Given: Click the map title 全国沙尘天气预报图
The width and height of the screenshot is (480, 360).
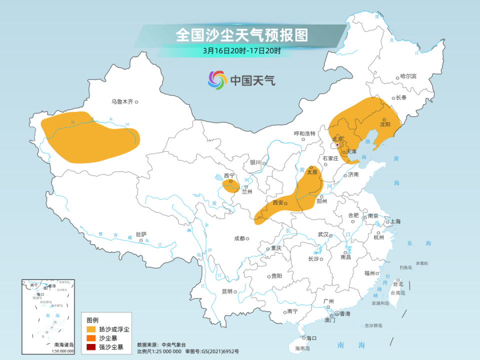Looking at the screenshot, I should click(241, 35).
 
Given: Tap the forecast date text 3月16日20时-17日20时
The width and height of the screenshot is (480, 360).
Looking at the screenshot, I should click(241, 50).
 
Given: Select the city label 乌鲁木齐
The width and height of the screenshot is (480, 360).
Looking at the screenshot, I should click(122, 101).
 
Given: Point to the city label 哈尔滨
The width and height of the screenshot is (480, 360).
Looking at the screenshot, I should click(408, 76).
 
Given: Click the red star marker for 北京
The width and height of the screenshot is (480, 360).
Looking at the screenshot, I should click(337, 145).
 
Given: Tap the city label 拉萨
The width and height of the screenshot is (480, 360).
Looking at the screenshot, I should click(140, 234).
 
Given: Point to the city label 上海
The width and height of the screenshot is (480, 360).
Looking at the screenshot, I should click(395, 221).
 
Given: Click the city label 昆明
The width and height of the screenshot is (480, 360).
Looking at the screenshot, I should click(226, 291).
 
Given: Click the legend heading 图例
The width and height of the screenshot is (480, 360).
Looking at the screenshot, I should click(92, 320).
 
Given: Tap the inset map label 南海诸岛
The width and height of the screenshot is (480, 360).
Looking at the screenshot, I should click(63, 344).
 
